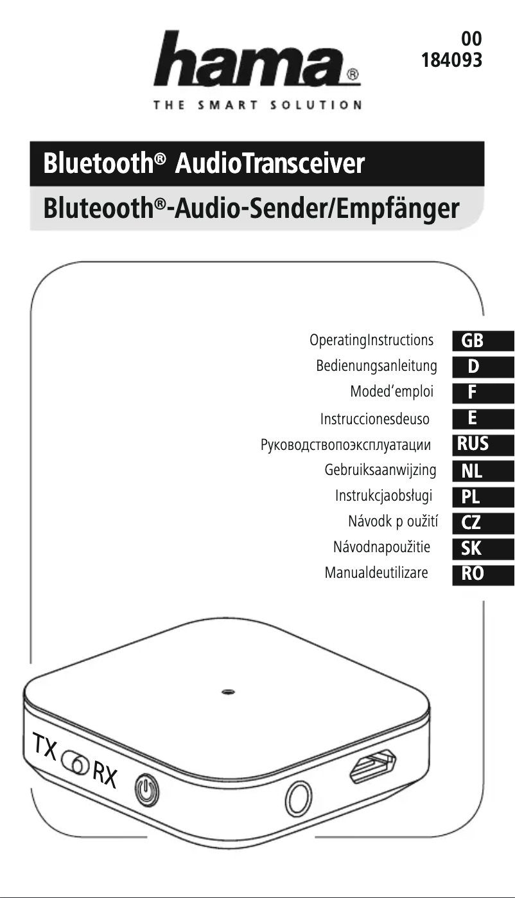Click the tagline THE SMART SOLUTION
[x=257, y=105]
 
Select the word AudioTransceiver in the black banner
[x=270, y=164]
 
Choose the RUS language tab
[x=473, y=444]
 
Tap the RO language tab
[x=473, y=573]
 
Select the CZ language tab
[x=471, y=522]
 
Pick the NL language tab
[x=472, y=471]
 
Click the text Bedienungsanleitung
[x=376, y=366]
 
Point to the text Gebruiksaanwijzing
[x=380, y=470]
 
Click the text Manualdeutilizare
[x=376, y=573]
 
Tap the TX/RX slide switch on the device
[x=75, y=764]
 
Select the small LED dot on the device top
[x=227, y=692]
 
